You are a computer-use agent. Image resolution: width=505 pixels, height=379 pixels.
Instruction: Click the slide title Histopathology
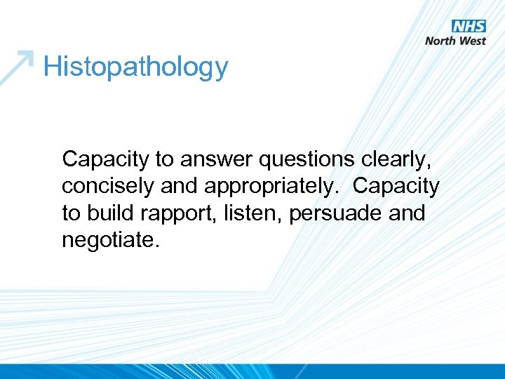pos(135,67)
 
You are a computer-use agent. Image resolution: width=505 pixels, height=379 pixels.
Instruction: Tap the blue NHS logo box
pos(469,27)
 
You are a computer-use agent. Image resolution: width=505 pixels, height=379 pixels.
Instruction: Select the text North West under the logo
pos(456,41)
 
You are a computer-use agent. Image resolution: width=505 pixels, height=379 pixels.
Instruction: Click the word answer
pos(217,160)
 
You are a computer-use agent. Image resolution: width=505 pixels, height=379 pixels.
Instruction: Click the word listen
pos(244,213)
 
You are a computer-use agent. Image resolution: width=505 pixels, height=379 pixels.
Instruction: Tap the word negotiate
pos(111,240)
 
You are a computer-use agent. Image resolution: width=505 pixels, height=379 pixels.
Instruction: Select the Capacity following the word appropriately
pos(396,187)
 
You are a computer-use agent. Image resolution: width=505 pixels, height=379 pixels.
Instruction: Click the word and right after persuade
pos(407,213)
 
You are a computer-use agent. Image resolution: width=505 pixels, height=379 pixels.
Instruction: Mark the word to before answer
pos(164,160)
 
